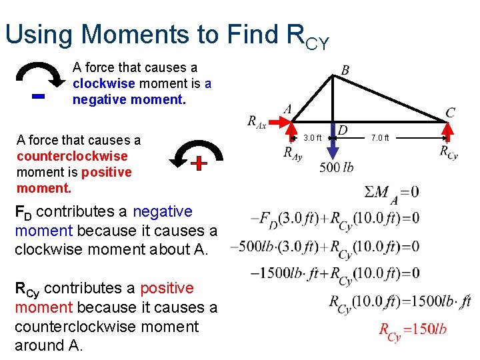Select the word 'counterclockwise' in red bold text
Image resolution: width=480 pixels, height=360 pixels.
(72, 156)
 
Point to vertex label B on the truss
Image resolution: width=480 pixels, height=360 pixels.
(345, 70)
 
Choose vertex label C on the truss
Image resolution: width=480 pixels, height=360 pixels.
(450, 112)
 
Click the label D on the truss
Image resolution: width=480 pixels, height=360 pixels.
(343, 129)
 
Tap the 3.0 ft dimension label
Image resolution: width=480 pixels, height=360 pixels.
(312, 138)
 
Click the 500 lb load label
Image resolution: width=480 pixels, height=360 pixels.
(336, 167)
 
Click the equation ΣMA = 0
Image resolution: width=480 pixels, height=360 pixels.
(391, 193)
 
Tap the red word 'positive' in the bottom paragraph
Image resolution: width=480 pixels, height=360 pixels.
(163, 288)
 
